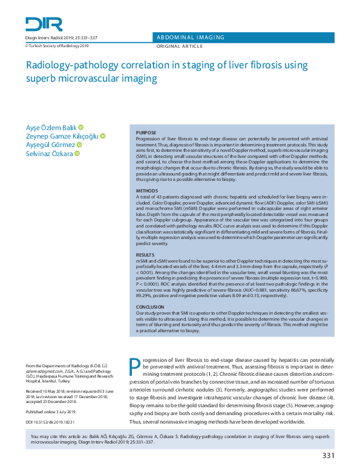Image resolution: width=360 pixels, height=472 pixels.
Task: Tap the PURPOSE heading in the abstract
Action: coord(146,133)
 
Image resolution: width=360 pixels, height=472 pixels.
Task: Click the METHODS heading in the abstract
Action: coord(146,191)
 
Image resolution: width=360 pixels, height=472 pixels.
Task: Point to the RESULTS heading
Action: coord(145,255)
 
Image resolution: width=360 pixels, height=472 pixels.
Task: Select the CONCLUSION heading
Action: coord(149,307)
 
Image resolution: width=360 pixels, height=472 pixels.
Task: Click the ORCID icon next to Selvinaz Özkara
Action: coord(77,154)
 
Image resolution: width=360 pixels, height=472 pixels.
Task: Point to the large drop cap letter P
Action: coord(136,367)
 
